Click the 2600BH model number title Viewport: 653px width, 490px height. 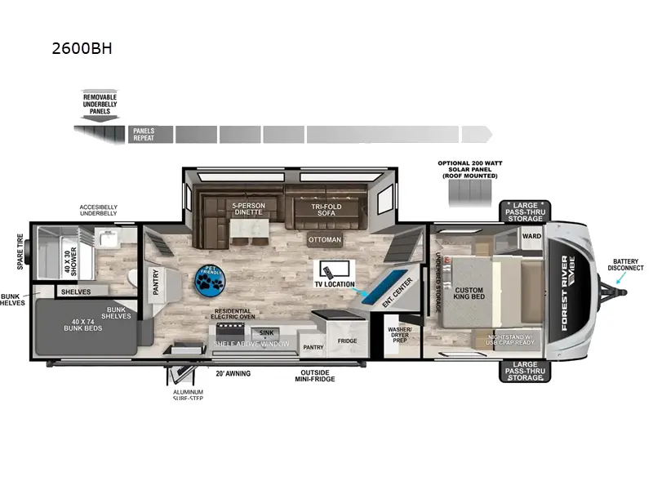(x=81, y=48)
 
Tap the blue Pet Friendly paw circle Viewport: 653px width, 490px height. (x=212, y=279)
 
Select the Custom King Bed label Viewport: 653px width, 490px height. (x=469, y=295)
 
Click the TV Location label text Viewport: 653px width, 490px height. (x=335, y=284)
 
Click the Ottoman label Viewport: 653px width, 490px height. (x=324, y=240)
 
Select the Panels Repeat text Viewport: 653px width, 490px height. (x=144, y=134)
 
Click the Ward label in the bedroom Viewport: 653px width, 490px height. (x=532, y=235)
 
